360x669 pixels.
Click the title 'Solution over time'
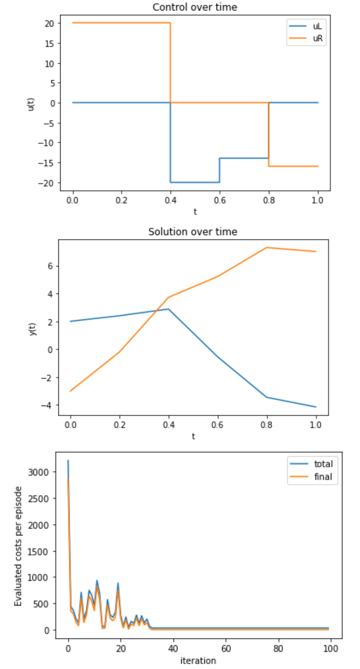(x=193, y=232)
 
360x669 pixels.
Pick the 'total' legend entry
(x=323, y=464)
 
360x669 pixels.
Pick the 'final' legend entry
(x=323, y=477)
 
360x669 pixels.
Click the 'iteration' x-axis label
(x=198, y=660)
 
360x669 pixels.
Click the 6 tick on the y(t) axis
(x=50, y=266)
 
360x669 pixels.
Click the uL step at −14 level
(x=244, y=158)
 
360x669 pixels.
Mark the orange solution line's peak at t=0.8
(x=266, y=248)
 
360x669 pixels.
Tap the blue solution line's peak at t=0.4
(x=168, y=309)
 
